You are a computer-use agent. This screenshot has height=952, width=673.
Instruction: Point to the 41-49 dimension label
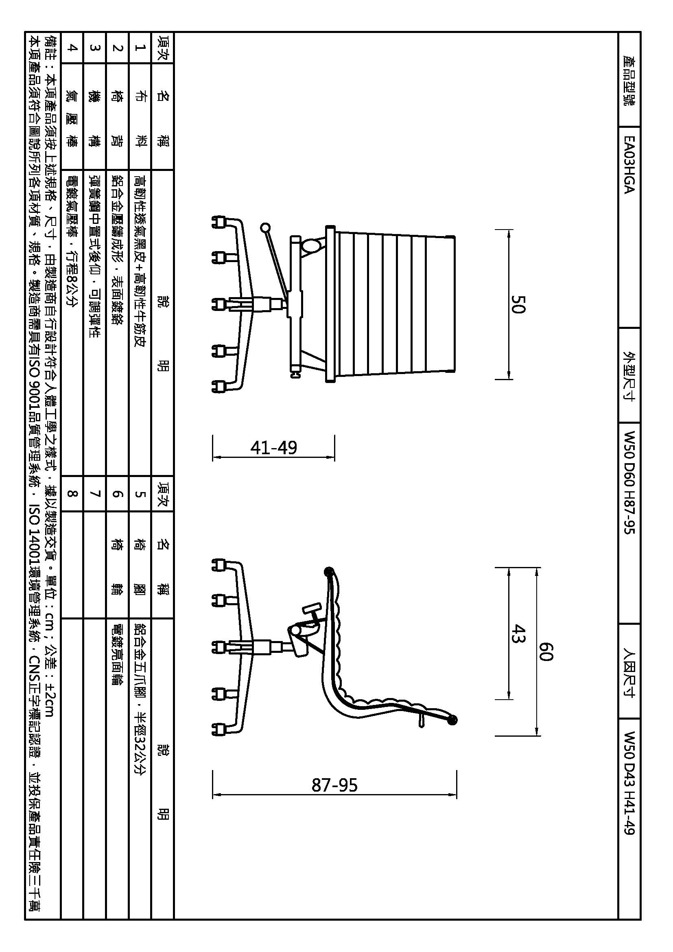[273, 447]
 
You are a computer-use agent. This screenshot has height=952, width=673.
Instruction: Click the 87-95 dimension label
[334, 785]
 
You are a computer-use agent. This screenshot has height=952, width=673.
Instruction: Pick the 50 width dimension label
[518, 304]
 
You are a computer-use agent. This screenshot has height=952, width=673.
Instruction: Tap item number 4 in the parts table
[72, 47]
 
